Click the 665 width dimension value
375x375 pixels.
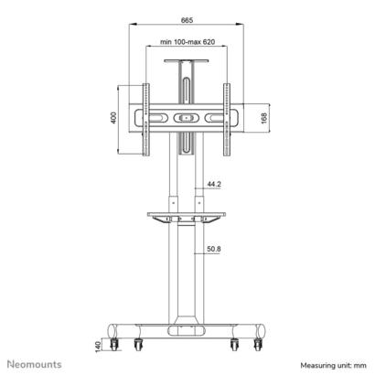pyautogui.click(x=187, y=20)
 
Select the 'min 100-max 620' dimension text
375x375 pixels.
pyautogui.click(x=187, y=42)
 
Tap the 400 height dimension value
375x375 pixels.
pyautogui.click(x=113, y=118)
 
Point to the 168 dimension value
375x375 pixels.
pyautogui.click(x=264, y=118)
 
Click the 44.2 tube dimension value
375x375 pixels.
pyautogui.click(x=214, y=184)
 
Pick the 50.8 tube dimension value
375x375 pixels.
pyautogui.click(x=214, y=249)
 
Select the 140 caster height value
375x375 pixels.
pyautogui.click(x=98, y=347)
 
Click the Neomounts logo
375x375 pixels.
pyautogui.click(x=35, y=364)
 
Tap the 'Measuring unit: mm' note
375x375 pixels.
pyautogui.click(x=333, y=365)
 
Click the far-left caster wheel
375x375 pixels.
pyautogui.click(x=114, y=345)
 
